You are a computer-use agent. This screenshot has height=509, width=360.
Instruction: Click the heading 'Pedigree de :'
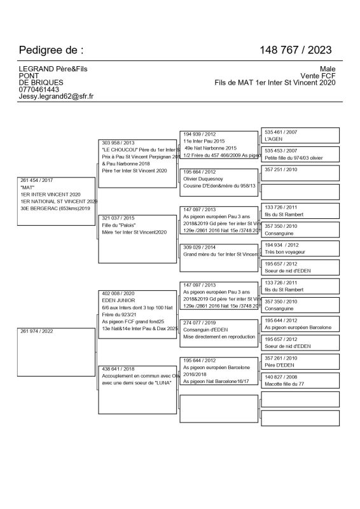click(x=51, y=50)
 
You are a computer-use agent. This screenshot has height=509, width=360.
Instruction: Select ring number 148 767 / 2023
click(x=295, y=50)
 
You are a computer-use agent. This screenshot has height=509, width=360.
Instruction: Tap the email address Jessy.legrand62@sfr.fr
click(x=57, y=96)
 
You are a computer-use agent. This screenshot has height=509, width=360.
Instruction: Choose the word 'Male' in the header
click(x=327, y=69)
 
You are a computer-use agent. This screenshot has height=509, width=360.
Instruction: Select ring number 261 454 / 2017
click(x=37, y=181)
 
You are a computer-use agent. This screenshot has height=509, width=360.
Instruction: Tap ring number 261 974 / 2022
click(x=37, y=331)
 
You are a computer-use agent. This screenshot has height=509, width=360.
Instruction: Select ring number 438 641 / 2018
click(x=118, y=369)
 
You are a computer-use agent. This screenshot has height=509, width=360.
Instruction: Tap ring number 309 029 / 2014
click(x=200, y=247)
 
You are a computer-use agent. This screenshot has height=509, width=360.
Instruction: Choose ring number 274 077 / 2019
click(x=200, y=323)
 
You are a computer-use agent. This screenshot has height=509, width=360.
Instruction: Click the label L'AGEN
click(x=274, y=139)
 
